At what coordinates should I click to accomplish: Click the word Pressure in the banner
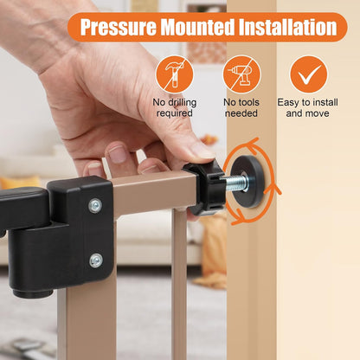click(x=119, y=27)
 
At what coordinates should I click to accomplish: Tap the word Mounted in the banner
click(x=197, y=27)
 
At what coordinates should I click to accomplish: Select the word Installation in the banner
click(x=288, y=27)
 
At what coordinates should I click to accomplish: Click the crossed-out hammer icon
click(x=175, y=74)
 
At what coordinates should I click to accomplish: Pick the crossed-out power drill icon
click(x=241, y=74)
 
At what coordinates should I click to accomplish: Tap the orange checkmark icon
click(x=309, y=74)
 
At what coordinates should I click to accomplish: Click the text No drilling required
click(x=175, y=107)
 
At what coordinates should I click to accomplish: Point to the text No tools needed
click(x=241, y=107)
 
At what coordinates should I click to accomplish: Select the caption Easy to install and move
click(x=307, y=107)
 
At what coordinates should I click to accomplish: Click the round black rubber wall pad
click(x=252, y=182)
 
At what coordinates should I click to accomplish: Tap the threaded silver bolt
click(x=236, y=183)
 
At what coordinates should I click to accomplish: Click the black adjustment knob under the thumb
click(x=205, y=188)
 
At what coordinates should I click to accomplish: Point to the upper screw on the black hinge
click(x=95, y=206)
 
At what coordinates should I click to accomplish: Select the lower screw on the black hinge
click(x=96, y=260)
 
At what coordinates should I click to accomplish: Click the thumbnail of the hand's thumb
click(x=202, y=151)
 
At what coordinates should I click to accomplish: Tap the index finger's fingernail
click(x=118, y=154)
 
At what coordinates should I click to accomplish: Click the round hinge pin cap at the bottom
click(x=33, y=293)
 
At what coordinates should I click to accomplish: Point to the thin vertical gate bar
click(x=179, y=284)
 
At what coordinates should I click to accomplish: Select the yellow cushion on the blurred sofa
click(x=20, y=183)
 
